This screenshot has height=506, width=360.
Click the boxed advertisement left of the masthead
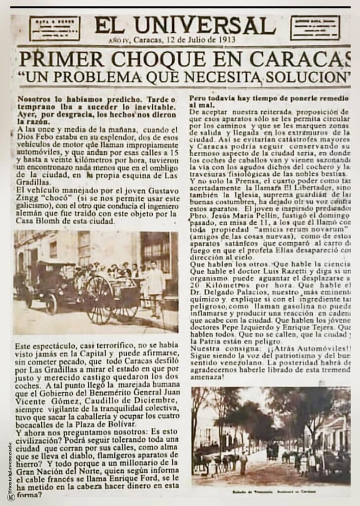point(54,28)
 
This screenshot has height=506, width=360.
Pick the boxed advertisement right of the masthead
point(315,28)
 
